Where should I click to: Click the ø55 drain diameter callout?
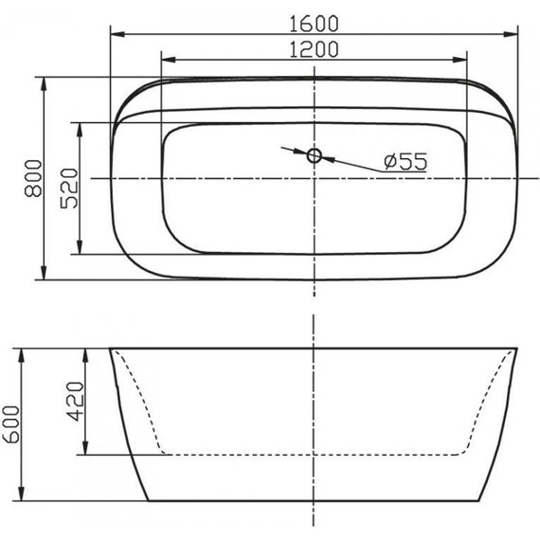405,162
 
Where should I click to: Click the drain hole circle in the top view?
315,154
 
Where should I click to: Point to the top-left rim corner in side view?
111,349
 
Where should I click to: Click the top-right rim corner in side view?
517,349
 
